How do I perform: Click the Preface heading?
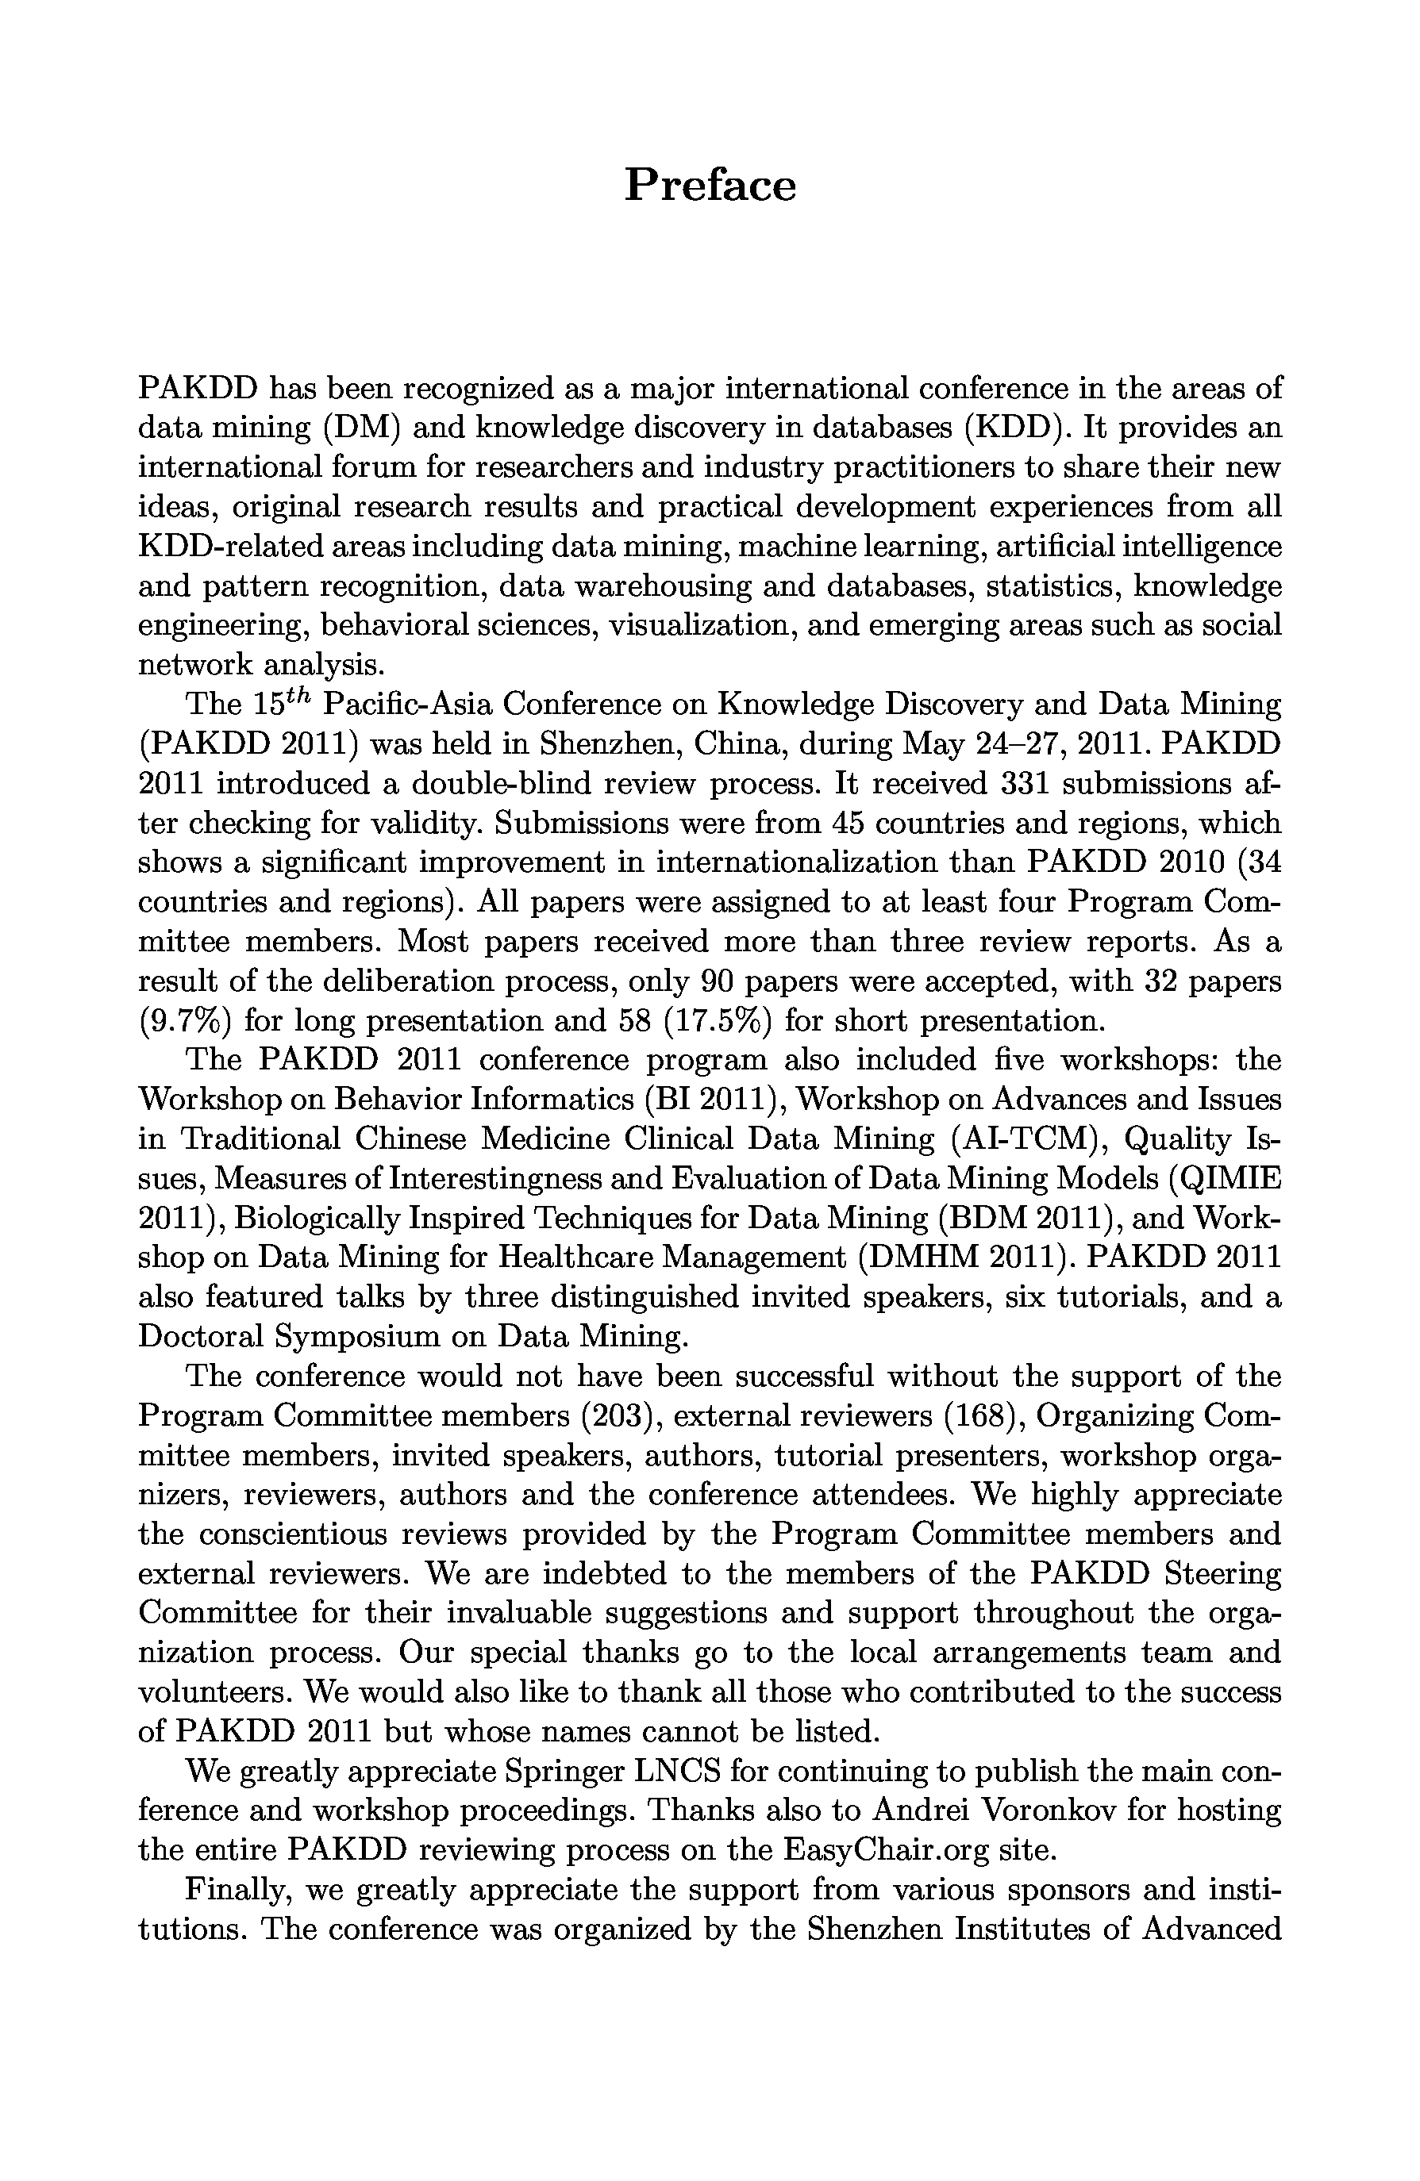pos(710,185)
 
